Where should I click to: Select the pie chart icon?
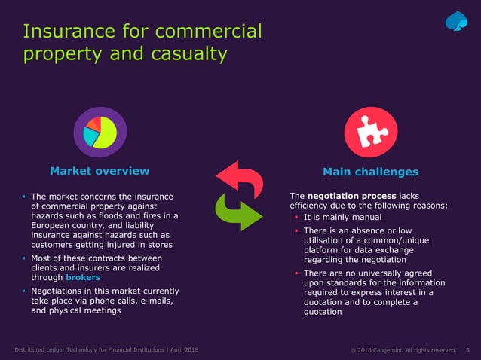100,133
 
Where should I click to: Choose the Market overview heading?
100,172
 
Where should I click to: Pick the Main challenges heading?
370,172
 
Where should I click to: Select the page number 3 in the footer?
468,350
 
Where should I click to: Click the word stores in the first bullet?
157,245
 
